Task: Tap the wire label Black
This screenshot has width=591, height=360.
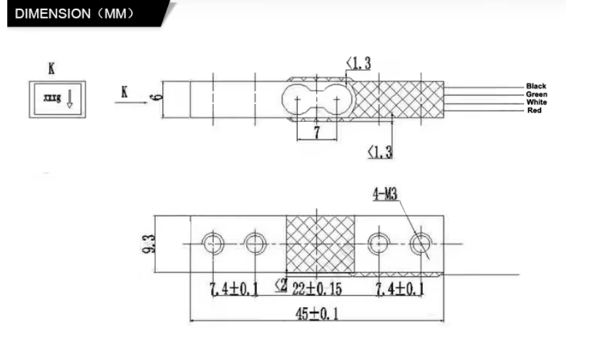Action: [x=536, y=86]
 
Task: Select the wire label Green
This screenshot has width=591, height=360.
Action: [x=537, y=94]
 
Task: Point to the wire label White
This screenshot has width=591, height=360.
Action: [x=537, y=102]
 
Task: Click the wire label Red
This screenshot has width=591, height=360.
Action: [x=535, y=111]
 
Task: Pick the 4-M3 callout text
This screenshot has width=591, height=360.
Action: [x=385, y=195]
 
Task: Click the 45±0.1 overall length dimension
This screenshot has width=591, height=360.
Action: [x=316, y=314]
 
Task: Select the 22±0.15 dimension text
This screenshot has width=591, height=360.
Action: [x=317, y=289]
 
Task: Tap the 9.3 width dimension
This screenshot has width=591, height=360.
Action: [x=150, y=244]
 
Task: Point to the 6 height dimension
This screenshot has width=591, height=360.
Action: [x=156, y=97]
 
